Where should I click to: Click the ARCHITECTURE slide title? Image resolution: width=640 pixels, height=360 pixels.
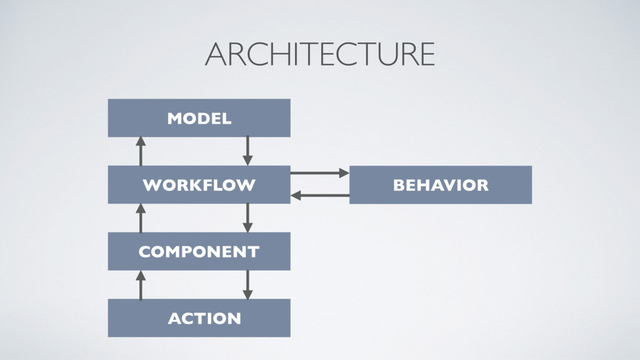[x=319, y=54]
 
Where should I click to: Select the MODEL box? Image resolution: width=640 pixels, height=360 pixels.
[x=262, y=117]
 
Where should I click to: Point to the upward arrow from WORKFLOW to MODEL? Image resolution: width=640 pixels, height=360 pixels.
[x=141, y=151]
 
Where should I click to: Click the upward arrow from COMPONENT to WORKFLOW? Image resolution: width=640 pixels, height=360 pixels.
[x=141, y=218]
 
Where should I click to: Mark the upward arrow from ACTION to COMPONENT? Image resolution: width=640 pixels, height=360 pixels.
[x=141, y=285]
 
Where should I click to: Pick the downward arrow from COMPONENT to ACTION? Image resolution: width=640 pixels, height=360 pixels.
[x=247, y=285]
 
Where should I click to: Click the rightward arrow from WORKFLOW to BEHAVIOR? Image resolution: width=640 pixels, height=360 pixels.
[x=319, y=172]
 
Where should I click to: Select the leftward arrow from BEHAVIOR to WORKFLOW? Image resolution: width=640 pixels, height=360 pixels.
[x=319, y=196]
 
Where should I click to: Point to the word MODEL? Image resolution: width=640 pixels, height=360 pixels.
[x=199, y=118]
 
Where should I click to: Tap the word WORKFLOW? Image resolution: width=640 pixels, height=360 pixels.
[x=199, y=185]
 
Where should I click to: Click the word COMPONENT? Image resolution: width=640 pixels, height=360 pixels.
[x=199, y=252]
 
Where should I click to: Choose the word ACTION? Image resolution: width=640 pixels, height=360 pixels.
[x=204, y=318]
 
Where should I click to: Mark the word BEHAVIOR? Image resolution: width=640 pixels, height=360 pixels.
[x=440, y=185]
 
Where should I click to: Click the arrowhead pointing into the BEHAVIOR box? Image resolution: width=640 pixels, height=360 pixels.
[x=344, y=172]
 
